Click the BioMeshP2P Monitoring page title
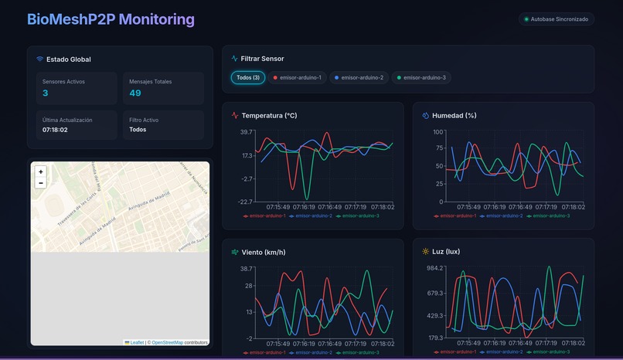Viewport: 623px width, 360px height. coord(111,19)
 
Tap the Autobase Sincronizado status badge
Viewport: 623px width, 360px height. coord(557,19)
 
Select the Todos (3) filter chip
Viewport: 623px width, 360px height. coord(248,77)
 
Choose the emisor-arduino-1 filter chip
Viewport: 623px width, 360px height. coord(298,77)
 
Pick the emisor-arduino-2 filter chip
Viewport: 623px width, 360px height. coord(359,77)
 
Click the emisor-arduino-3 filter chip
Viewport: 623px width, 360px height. coord(421,77)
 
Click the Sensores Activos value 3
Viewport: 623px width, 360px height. coord(46,93)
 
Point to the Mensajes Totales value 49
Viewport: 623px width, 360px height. coord(135,93)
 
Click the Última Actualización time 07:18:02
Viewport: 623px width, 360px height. coord(55,130)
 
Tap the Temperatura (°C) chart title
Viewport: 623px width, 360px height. coord(269,116)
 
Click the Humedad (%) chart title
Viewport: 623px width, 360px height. coord(454,116)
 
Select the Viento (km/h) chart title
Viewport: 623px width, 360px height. coord(263,252)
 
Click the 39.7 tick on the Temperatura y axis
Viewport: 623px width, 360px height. coord(246,132)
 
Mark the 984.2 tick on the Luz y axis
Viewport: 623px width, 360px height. coord(435,268)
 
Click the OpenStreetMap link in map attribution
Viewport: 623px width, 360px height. coord(167,342)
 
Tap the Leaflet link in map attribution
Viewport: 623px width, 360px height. coord(137,342)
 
